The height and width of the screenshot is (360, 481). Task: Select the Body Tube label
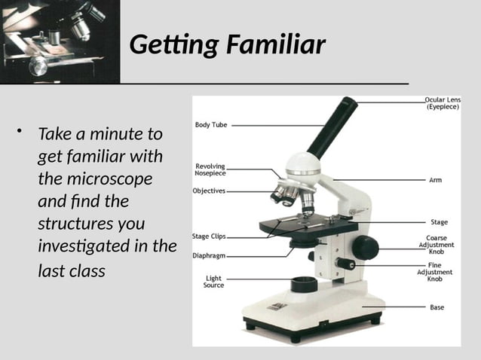[x=211, y=125]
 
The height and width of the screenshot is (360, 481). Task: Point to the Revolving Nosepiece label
[x=210, y=169]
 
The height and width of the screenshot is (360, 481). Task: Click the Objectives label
[x=209, y=191]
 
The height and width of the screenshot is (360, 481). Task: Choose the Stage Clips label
[x=209, y=236]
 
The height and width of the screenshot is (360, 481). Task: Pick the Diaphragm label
[x=209, y=255]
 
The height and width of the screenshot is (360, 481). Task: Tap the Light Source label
[x=213, y=282]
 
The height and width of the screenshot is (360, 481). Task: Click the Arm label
[x=436, y=180]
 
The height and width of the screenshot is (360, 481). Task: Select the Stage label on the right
[x=439, y=222]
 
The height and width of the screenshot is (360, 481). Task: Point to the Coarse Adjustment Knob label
[x=436, y=245]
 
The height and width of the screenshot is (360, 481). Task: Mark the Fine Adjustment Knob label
[x=435, y=273]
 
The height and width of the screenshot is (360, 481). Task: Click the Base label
[x=437, y=307]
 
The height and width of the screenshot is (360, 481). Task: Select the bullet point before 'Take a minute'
[x=23, y=134]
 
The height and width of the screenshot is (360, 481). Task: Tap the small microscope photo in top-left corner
[x=60, y=41]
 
